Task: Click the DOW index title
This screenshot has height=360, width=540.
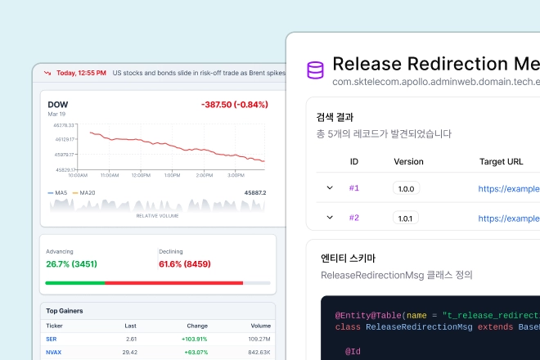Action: pos(58,104)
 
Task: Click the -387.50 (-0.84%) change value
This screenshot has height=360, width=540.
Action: pos(234,105)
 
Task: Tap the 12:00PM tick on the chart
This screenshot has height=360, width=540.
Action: pos(141,174)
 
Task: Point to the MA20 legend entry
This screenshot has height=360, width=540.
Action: pos(85,192)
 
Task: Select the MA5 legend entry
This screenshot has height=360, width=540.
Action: pos(58,192)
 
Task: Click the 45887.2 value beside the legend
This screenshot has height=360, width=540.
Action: pos(254,192)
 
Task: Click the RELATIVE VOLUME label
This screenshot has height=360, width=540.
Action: pos(158,216)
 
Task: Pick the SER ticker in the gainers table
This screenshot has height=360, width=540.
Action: pos(52,339)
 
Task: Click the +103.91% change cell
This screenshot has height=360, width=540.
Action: pos(194,339)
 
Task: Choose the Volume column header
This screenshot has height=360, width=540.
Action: pos(260,326)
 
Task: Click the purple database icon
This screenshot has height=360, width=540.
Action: pos(315,70)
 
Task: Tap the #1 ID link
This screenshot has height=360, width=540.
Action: pos(354,188)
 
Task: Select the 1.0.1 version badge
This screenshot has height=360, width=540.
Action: pos(406,218)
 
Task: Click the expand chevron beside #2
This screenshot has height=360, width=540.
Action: pos(330,218)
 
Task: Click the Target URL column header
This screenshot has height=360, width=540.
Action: pos(501,162)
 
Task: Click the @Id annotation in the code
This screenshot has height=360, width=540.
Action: pos(353,352)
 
